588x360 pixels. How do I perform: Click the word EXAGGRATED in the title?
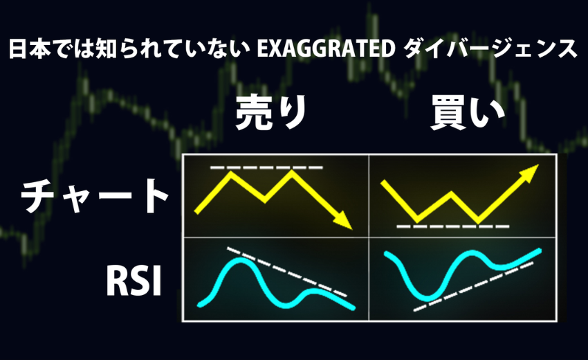[x=326, y=48]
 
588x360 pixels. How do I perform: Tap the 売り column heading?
[x=271, y=112]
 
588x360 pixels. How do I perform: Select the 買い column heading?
[x=467, y=112]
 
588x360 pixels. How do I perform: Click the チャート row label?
[x=94, y=196]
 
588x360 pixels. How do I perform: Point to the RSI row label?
[x=134, y=281]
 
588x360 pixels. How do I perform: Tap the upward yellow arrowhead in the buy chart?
[x=529, y=174]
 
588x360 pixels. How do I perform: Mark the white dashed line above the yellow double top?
[x=266, y=168]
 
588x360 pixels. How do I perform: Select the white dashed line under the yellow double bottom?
[x=453, y=226]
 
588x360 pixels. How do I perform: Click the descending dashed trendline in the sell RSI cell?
[x=287, y=272]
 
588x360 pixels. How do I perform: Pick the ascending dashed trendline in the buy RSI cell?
[x=473, y=287]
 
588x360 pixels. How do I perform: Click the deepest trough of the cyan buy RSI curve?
[x=427, y=298]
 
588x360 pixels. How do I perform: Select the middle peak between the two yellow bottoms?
[x=451, y=194]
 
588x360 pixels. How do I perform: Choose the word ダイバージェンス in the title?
[x=491, y=48]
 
